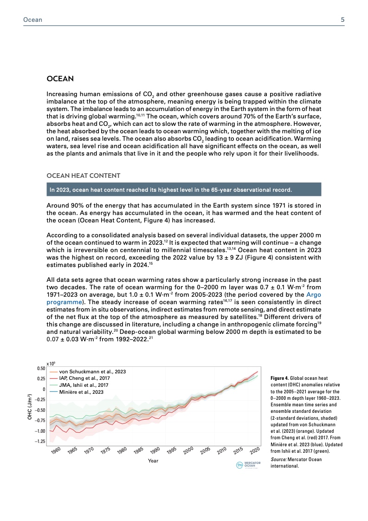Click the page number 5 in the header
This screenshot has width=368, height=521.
point(342,20)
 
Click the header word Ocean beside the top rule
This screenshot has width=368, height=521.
point(32,20)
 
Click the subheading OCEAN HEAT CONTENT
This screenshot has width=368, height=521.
point(84,176)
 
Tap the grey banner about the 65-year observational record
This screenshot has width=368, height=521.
point(184,190)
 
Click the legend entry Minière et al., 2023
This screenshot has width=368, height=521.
point(81,392)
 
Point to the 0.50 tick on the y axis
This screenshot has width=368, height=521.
point(41,369)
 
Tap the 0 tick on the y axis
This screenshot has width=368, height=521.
point(43,389)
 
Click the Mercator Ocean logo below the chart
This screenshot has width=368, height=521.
point(247,465)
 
